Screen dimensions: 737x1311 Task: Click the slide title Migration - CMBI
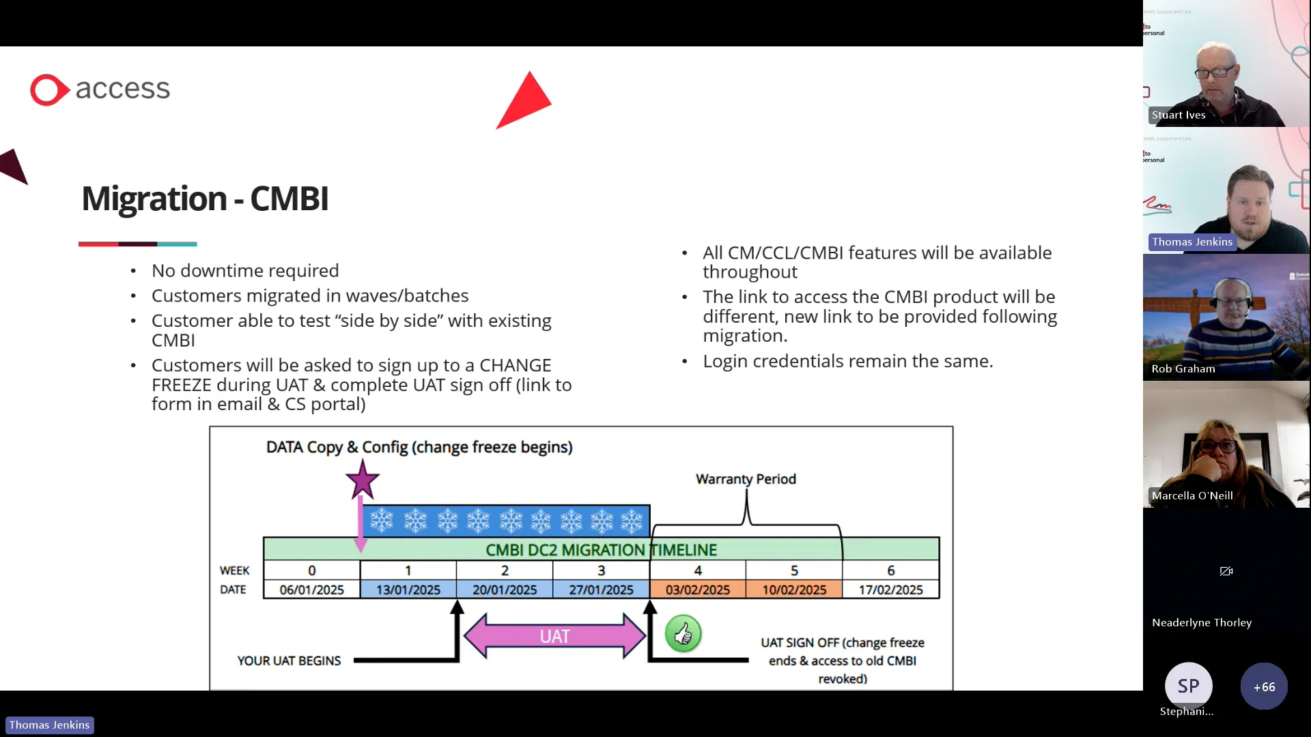click(x=205, y=199)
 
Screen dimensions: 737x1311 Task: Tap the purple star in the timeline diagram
click(x=362, y=480)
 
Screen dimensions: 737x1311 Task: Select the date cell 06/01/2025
click(x=311, y=590)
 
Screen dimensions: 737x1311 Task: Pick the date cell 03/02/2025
click(x=697, y=590)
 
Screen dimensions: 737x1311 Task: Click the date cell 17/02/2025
click(x=890, y=590)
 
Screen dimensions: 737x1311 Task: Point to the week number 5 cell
click(x=794, y=570)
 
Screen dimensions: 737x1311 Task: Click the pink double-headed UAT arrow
click(x=554, y=636)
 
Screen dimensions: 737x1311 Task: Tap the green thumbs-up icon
click(x=683, y=634)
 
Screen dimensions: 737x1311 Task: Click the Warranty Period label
click(x=746, y=479)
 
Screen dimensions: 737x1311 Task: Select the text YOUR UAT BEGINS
click(x=289, y=661)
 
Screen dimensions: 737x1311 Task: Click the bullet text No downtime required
click(x=245, y=271)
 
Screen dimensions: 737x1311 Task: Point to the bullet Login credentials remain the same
click(x=847, y=361)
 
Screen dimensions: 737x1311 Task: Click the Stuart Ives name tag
click(x=1179, y=115)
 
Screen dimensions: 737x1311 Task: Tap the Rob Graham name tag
click(x=1183, y=369)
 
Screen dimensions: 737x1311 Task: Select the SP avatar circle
click(x=1188, y=685)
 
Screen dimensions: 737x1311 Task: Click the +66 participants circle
click(x=1264, y=687)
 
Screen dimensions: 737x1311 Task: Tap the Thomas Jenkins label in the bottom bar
click(x=49, y=725)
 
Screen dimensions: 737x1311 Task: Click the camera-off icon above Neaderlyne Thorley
click(x=1226, y=571)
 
